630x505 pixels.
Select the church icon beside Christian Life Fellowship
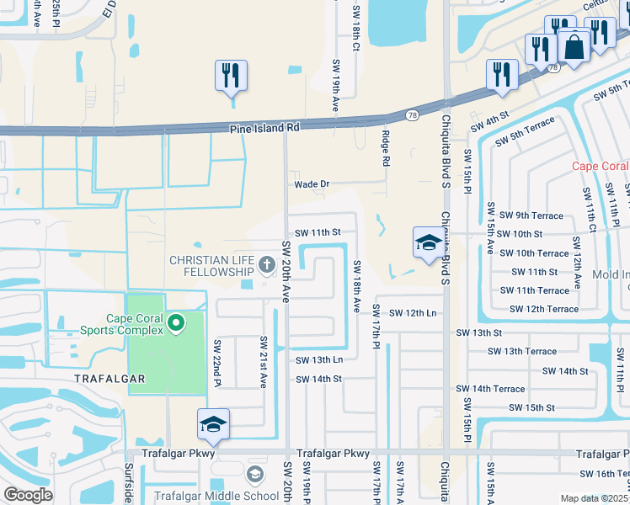click(x=267, y=266)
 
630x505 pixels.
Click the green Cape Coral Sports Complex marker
click(x=175, y=322)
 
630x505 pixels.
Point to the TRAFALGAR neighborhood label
click(x=109, y=380)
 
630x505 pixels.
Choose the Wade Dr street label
click(x=311, y=184)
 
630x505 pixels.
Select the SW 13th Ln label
click(x=318, y=360)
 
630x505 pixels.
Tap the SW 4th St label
click(x=492, y=115)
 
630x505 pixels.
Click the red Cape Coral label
click(x=601, y=166)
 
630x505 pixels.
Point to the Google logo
click(x=28, y=495)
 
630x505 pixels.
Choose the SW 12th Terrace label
click(x=539, y=309)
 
